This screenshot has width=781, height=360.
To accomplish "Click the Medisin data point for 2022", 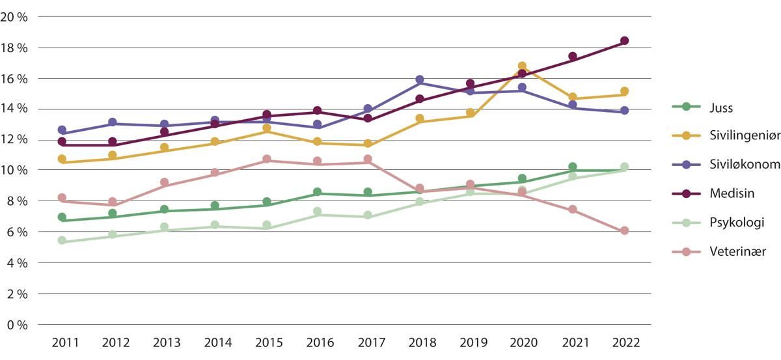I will (624, 41).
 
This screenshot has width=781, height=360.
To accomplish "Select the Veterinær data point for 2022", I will (624, 230).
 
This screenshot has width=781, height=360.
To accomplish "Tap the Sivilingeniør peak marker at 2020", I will (522, 66).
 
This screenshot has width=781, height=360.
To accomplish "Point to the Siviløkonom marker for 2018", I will (420, 80).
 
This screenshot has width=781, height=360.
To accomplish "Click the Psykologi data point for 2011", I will (62, 240).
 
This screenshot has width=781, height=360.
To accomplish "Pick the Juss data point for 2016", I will (317, 192).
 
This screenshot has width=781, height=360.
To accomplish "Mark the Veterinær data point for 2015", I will (266, 159).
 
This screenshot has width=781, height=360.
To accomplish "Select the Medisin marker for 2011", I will (62, 141).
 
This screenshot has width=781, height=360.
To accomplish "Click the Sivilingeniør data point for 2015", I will (266, 128).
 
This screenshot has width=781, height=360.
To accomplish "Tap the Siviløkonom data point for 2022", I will (624, 111).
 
